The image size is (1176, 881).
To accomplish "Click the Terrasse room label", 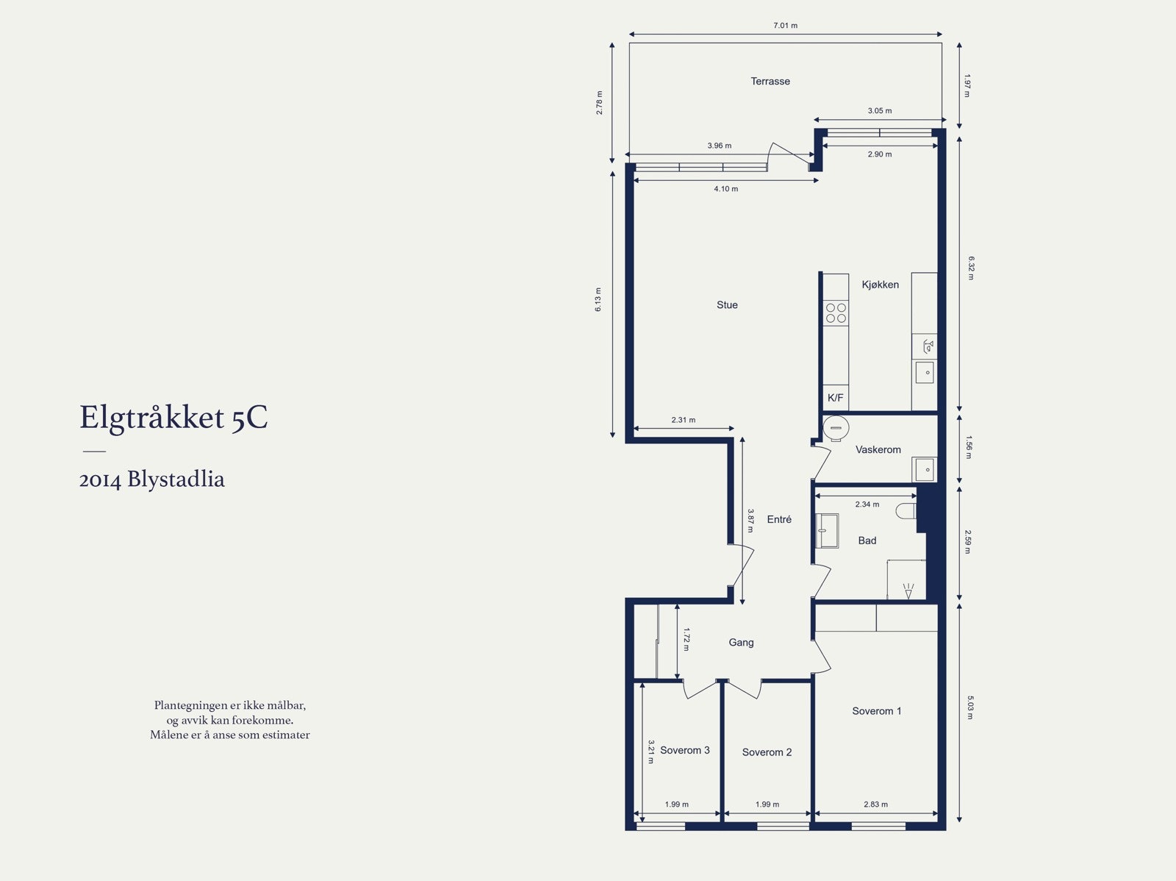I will point(770,82).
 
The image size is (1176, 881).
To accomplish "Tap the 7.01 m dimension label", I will point(785,26).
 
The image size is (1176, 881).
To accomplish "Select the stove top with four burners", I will point(836,313).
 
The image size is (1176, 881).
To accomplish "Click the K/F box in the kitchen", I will point(836,398).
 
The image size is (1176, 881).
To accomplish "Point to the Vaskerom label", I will point(878,449).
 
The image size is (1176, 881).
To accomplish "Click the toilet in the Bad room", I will point(906,510).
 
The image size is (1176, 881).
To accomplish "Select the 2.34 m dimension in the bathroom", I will point(867,504).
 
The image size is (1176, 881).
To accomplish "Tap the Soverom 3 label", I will point(684,750).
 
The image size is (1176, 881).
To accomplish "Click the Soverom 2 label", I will point(767,752).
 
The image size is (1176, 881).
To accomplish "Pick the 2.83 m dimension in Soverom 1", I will point(875,805).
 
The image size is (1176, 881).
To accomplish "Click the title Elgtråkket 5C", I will point(173,418).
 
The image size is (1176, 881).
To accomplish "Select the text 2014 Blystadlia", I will point(152,479).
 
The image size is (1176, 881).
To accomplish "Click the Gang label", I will point(741,643).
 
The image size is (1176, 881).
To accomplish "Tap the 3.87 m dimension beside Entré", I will point(750,520).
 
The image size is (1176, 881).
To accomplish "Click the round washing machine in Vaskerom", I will point(836,428).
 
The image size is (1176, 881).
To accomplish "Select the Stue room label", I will point(727,305).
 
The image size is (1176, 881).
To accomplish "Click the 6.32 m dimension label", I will point(971,268).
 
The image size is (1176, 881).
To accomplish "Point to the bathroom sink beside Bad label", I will point(828,530).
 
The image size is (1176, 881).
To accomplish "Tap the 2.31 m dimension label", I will point(683,420).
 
